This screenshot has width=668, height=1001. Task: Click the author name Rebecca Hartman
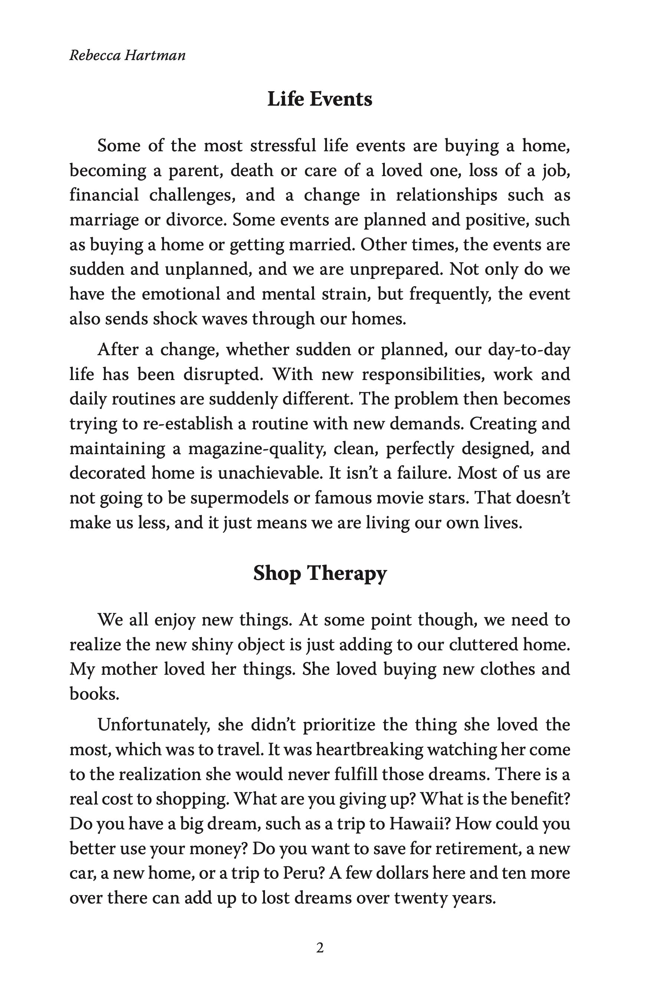click(x=127, y=56)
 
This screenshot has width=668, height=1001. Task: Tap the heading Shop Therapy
click(x=320, y=574)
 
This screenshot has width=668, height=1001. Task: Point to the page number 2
click(x=320, y=948)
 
